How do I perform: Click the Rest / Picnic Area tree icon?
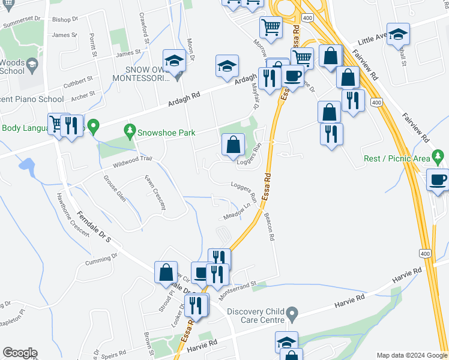coord(439,158)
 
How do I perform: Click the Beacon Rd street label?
coord(268,229)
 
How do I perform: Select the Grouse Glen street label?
coord(114,188)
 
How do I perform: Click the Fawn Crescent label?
coord(154,192)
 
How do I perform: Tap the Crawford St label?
coord(143,28)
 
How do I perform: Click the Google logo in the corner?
coord(20,353)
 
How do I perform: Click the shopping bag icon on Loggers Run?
coord(233,145)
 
